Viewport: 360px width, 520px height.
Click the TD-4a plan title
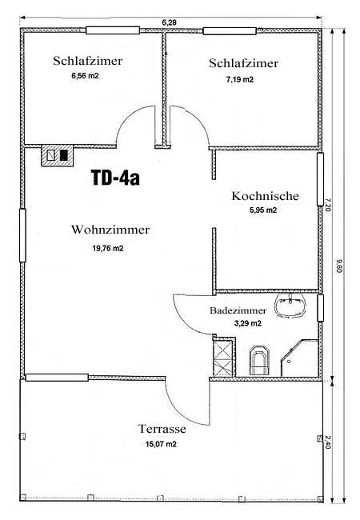pos(115,178)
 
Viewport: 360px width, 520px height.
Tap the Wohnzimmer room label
pos(110,230)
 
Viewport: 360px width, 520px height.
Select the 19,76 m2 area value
pos(108,248)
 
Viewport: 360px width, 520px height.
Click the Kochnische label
pos(265,196)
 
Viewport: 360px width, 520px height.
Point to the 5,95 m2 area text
pos(263,210)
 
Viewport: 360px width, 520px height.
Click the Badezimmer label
pos(238,310)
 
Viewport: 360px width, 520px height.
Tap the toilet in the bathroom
pos(259,360)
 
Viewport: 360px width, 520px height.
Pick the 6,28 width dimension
pos(169,22)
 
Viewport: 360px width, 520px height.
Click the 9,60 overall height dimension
pos(338,266)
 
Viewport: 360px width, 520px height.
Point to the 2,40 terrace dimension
pos(328,442)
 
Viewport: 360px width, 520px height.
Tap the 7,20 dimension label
pos(327,205)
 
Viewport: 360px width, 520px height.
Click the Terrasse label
pos(162,429)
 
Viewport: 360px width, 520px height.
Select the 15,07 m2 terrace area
pos(161,444)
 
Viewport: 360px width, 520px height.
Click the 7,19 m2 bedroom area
pos(240,79)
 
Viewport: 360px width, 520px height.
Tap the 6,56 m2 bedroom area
pos(85,76)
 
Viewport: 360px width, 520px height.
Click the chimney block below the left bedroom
pos(57,155)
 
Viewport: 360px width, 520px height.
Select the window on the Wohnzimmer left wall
pos(22,235)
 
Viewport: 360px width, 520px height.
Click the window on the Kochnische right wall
pos(320,179)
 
